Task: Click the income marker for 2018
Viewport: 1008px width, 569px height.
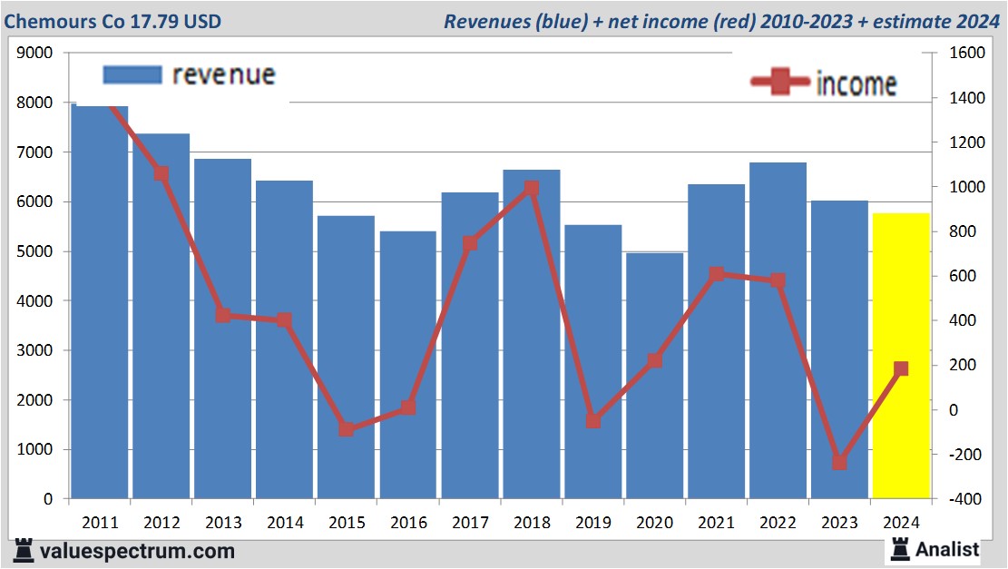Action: pyautogui.click(x=532, y=188)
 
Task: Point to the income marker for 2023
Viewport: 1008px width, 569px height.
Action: pyautogui.click(x=839, y=462)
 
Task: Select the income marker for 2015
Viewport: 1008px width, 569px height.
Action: pyautogui.click(x=346, y=428)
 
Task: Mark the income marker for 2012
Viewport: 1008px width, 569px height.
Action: pyautogui.click(x=161, y=173)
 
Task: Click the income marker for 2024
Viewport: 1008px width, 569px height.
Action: pyautogui.click(x=901, y=368)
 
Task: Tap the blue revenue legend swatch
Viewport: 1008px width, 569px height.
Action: pyautogui.click(x=132, y=74)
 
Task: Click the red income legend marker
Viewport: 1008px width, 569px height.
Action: pyautogui.click(x=779, y=82)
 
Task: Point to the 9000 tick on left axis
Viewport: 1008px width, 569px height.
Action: pyautogui.click(x=35, y=53)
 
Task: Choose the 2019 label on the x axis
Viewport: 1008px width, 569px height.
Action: pyautogui.click(x=592, y=524)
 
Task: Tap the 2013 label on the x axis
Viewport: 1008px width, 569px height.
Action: pyautogui.click(x=222, y=524)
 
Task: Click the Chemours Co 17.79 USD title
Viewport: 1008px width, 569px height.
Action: pyautogui.click(x=113, y=21)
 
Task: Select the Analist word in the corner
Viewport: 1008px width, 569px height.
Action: pyautogui.click(x=947, y=549)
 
